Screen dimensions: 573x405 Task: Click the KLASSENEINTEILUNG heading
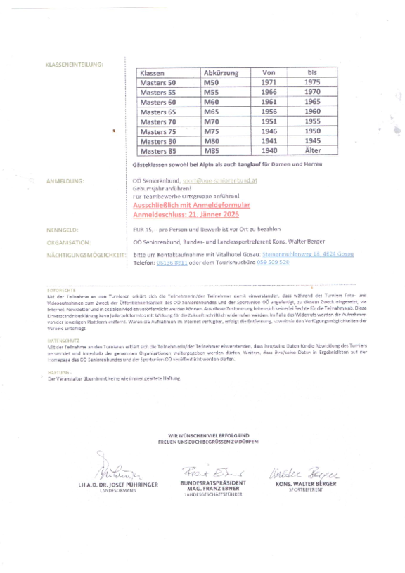[x=74, y=65]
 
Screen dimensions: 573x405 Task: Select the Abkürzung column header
[x=221, y=73]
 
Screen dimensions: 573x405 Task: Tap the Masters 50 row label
[x=158, y=83]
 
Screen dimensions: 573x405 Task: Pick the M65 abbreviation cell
[x=212, y=112]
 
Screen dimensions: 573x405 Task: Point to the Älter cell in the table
[x=313, y=151]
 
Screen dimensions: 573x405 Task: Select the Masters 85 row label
[x=158, y=151]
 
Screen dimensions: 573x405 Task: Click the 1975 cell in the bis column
[x=313, y=83]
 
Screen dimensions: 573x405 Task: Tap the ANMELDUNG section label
[x=65, y=181]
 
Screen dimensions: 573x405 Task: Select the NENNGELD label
[x=63, y=229]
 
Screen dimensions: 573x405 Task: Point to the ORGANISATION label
[x=67, y=242]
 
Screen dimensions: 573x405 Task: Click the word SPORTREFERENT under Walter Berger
[x=304, y=489]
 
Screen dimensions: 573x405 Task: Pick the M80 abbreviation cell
[x=212, y=141]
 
